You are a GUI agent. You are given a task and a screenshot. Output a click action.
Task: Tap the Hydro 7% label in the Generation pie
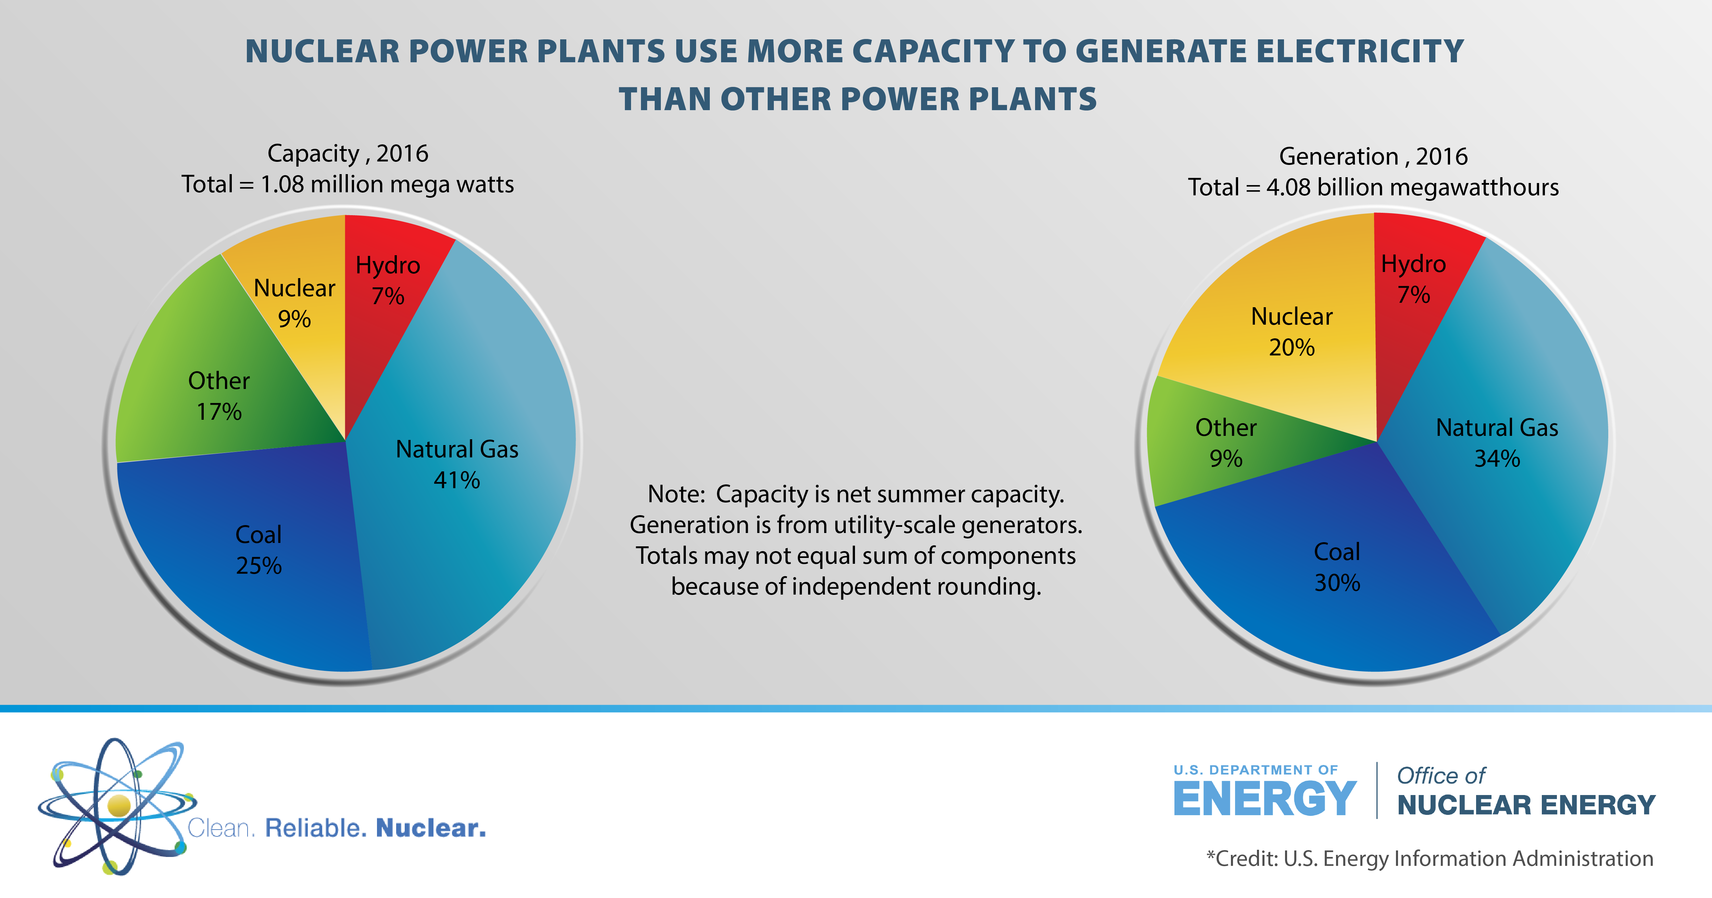pos(1413,279)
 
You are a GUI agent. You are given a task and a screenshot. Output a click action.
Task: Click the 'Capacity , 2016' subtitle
pos(348,154)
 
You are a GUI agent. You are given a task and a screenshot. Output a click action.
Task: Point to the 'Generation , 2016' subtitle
pos(1373,156)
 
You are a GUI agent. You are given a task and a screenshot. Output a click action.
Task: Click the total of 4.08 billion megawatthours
pos(1373,187)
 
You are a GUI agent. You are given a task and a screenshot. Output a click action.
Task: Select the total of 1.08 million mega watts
pos(348,184)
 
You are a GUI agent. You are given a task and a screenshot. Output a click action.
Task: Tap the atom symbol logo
pos(116,806)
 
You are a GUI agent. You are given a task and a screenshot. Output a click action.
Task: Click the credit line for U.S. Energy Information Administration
pos(1429,858)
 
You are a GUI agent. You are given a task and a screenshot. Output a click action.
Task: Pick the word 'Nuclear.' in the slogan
pos(431,828)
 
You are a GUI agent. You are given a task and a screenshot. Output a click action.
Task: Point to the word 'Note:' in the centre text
pos(676,494)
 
